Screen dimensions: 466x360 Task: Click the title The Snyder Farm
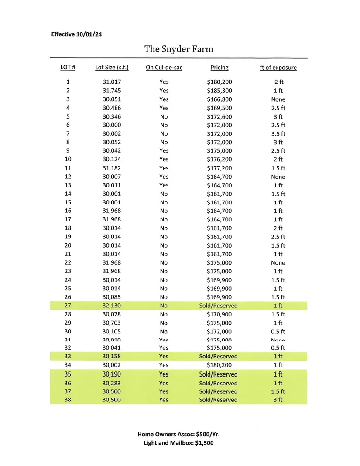(x=179, y=49)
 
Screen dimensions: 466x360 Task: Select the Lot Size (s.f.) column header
(x=112, y=68)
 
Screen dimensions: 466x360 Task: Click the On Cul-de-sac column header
(x=164, y=68)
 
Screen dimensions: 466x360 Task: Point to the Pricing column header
(x=219, y=68)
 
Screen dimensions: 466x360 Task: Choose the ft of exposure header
(x=278, y=68)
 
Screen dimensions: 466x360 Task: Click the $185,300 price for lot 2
(x=219, y=91)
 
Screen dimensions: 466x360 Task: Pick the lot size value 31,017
(x=112, y=82)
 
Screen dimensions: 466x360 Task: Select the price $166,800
(x=219, y=99)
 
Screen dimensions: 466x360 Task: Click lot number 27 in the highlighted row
(x=68, y=306)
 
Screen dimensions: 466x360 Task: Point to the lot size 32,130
(x=112, y=306)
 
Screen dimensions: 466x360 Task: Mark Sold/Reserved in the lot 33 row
(x=218, y=356)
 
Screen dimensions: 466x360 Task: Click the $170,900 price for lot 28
(x=219, y=314)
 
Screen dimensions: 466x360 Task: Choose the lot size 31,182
(x=112, y=168)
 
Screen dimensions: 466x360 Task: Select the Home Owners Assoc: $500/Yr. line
(x=181, y=434)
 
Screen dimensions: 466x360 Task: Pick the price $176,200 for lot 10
(x=219, y=160)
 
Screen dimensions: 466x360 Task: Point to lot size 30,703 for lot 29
(x=112, y=323)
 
